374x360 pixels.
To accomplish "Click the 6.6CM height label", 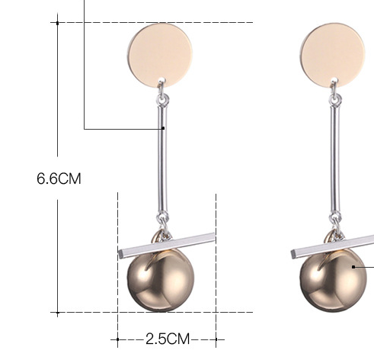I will tap(59, 179).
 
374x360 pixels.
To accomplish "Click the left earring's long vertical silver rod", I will tap(163, 160).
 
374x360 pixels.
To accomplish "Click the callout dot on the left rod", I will tap(163, 128).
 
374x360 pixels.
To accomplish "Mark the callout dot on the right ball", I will tap(353, 267).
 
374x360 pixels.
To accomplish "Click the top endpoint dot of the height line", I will tap(57, 22).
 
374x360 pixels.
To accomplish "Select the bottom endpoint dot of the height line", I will tap(57, 312).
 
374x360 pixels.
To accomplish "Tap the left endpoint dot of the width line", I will tap(117, 337).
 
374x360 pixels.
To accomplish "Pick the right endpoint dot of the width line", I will tap(216, 337).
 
